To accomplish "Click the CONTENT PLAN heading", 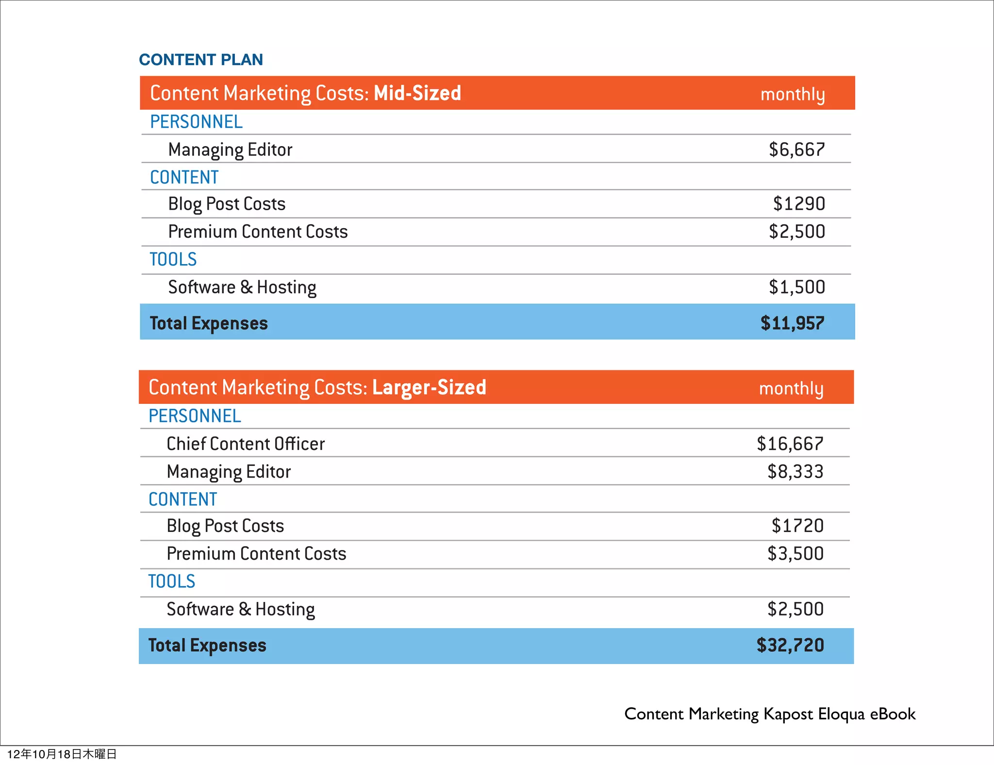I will [x=201, y=60].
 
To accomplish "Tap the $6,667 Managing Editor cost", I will [x=796, y=150].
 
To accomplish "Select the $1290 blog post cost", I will [x=799, y=204].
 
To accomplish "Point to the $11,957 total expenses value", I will [x=792, y=323].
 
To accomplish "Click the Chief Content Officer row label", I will [x=246, y=444].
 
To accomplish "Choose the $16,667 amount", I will [x=790, y=444].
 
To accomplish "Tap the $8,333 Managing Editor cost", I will [x=795, y=471].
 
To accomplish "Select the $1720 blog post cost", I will [x=797, y=526].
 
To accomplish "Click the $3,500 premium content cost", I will [x=795, y=553].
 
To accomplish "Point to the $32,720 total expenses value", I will [x=790, y=645].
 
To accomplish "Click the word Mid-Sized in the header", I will [x=417, y=93].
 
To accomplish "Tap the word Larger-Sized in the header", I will [x=429, y=387].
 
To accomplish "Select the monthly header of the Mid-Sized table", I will [x=792, y=94].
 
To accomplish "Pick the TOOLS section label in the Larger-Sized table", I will [x=172, y=582].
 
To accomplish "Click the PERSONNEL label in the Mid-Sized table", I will [x=196, y=122].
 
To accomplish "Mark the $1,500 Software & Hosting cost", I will [x=796, y=287].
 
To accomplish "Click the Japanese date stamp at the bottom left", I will [x=62, y=754].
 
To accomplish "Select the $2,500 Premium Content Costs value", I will [x=796, y=232].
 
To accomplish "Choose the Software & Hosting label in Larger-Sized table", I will [x=241, y=609].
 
